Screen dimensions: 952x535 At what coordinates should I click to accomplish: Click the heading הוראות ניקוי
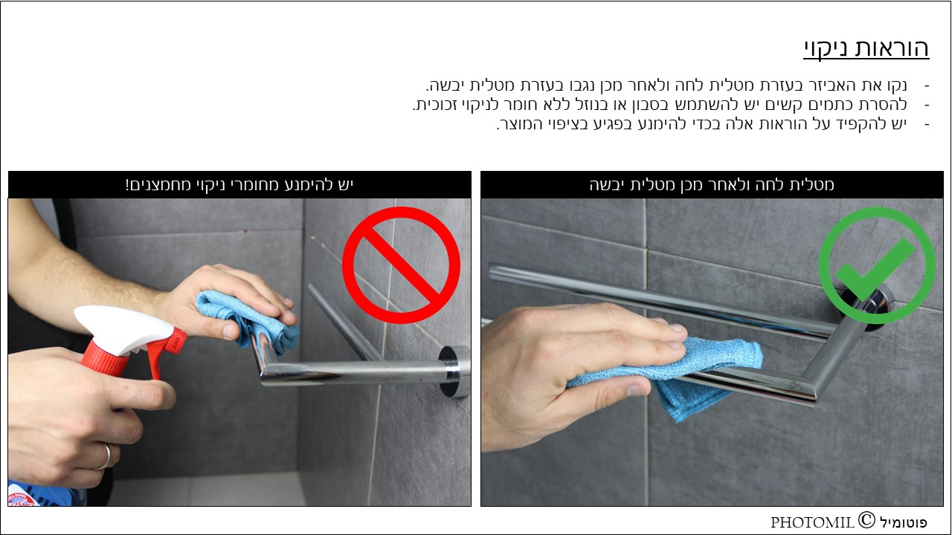[866, 48]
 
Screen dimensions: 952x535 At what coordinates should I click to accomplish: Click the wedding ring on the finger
[106, 456]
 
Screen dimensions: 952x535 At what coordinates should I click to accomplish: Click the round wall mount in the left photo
[454, 372]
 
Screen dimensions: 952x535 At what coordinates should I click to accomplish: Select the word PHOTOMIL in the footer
[813, 522]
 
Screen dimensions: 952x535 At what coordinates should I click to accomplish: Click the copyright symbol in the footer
[866, 519]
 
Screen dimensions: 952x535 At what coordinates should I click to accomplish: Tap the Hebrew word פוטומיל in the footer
[903, 522]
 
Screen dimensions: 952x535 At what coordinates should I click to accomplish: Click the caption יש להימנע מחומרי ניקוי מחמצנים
[239, 185]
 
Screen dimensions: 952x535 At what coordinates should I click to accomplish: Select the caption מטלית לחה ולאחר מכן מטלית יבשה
[712, 185]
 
